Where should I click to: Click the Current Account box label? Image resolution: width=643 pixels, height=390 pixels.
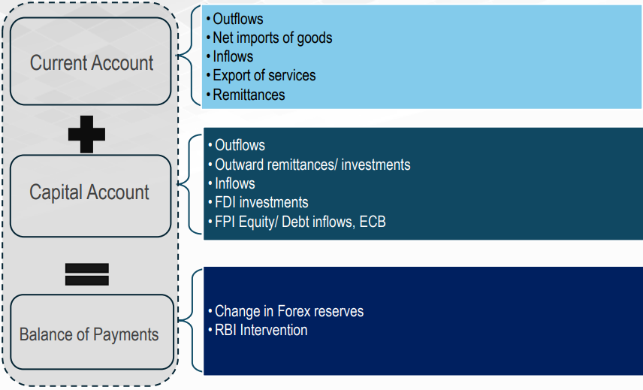(92, 63)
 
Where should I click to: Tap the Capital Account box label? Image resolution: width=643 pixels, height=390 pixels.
(89, 192)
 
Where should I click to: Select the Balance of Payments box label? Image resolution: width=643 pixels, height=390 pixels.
(89, 334)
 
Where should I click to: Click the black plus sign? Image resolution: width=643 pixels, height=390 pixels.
(86, 134)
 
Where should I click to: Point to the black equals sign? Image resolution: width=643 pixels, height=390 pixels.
(87, 274)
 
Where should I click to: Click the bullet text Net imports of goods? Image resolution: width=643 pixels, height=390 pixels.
(272, 38)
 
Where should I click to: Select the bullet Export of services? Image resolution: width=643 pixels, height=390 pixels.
(264, 75)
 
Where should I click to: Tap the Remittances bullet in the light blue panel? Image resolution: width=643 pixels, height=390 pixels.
(249, 95)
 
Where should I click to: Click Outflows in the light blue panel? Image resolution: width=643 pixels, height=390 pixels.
(238, 19)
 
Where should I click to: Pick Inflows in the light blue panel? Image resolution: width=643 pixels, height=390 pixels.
(233, 56)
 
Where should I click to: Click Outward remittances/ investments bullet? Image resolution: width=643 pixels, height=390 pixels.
(312, 165)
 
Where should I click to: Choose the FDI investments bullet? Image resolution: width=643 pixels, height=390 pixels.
(261, 203)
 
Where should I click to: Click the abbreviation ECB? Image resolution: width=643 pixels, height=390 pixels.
(373, 222)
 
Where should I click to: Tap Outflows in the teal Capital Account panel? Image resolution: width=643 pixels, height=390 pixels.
(240, 145)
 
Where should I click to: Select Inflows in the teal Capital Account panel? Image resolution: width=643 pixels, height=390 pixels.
(235, 183)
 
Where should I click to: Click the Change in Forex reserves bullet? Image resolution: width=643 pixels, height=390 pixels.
(289, 311)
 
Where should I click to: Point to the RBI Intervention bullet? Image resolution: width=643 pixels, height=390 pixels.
(261, 330)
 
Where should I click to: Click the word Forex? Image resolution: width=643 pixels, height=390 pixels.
(293, 311)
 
